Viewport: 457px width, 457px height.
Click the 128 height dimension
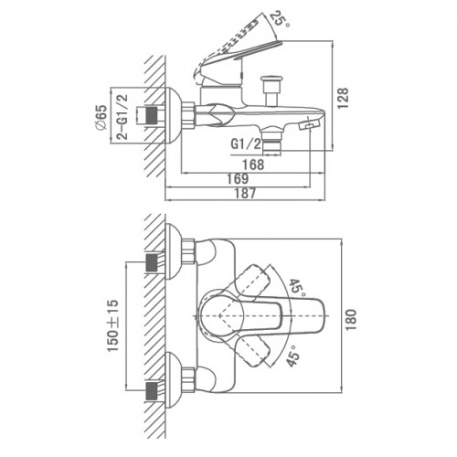pyautogui.click(x=343, y=98)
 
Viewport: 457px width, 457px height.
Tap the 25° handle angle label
pyautogui.click(x=278, y=19)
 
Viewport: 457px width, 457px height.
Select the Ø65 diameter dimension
pyautogui.click(x=101, y=117)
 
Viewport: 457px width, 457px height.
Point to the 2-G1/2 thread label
pyautogui.click(x=122, y=117)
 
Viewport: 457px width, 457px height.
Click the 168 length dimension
pyautogui.click(x=253, y=165)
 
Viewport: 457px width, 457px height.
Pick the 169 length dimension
pyautogui.click(x=238, y=179)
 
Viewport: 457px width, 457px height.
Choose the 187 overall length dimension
pyautogui.click(x=245, y=194)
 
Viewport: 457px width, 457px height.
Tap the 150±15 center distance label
pyautogui.click(x=112, y=325)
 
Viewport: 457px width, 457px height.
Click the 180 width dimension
pyautogui.click(x=351, y=320)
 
